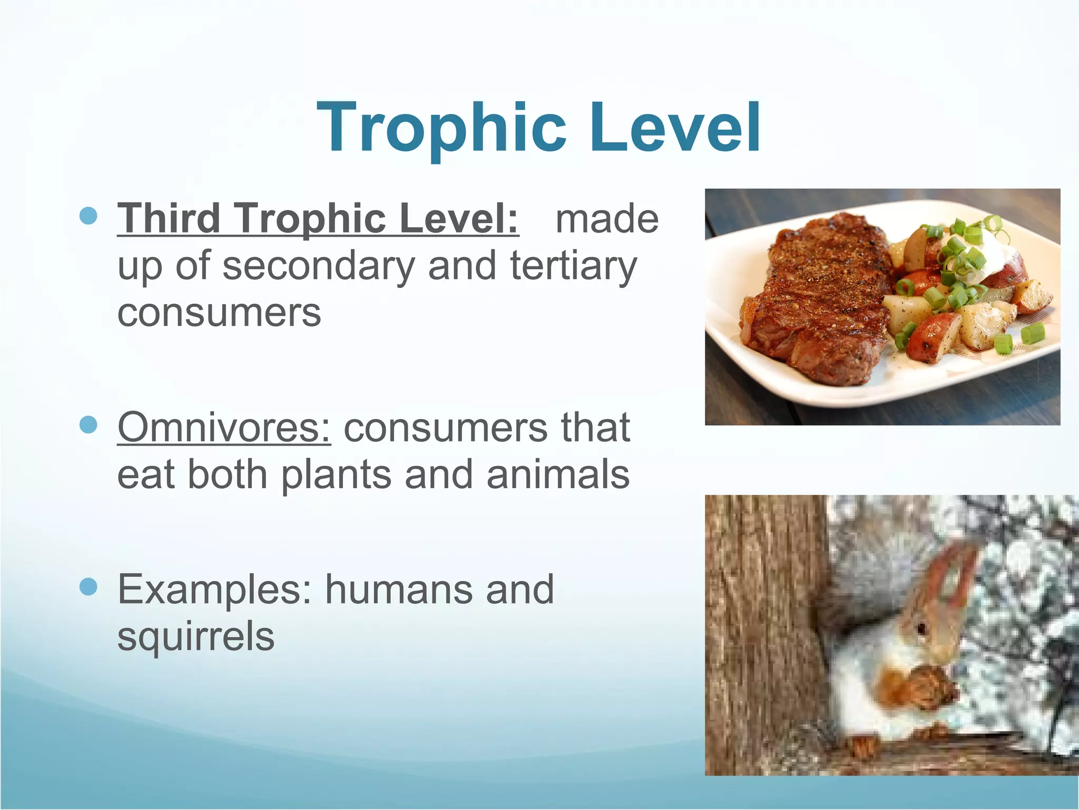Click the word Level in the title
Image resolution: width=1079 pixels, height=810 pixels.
[x=675, y=128]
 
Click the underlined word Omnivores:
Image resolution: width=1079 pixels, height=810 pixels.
[x=224, y=427]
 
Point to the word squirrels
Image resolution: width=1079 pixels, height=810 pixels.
[x=195, y=637]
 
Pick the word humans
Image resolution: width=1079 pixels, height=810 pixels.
[x=398, y=589]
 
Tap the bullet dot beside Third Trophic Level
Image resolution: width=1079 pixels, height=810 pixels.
[x=89, y=216]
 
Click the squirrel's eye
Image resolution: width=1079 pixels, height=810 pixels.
[x=921, y=629]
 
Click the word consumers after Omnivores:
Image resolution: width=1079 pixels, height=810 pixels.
[x=445, y=427]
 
